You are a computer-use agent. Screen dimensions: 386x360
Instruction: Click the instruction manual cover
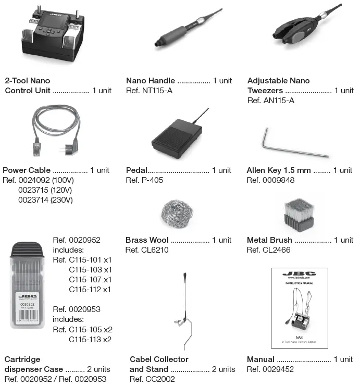click(300, 307)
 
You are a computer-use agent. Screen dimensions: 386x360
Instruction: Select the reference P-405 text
click(145, 180)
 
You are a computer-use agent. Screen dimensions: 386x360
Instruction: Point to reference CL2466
click(268, 250)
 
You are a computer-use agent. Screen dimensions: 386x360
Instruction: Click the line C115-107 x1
click(90, 280)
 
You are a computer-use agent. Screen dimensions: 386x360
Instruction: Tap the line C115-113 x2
click(90, 340)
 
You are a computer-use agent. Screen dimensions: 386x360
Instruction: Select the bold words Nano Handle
click(150, 81)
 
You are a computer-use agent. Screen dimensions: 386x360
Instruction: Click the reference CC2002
click(152, 379)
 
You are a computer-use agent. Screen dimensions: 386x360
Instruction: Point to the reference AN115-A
click(270, 101)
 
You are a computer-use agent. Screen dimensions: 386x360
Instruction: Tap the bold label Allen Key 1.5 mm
click(279, 170)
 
